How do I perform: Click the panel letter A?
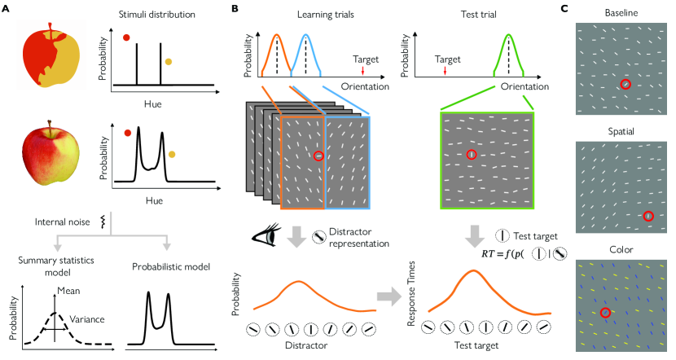(6, 8)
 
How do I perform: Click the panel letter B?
(235, 8)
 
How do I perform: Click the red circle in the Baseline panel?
(625, 84)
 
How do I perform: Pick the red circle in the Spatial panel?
(648, 216)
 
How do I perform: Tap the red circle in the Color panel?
(605, 313)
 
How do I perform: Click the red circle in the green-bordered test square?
(470, 154)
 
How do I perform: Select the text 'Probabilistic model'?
(168, 266)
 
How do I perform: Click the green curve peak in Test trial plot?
(510, 35)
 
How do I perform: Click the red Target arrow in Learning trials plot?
(362, 72)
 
